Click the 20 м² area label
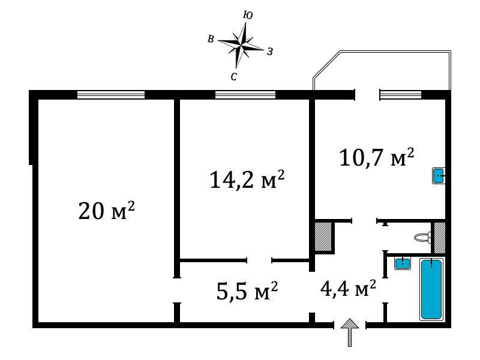107,211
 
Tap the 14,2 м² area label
247,179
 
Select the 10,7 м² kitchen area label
377,157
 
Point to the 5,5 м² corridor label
247,290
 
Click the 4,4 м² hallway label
348,288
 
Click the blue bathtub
431,289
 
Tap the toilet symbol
422,237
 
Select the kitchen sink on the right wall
439,176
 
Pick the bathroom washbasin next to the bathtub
402,263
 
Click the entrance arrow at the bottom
350,332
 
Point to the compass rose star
241,45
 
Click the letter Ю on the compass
248,15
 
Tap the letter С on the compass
233,77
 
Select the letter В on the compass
211,39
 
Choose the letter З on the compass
269,52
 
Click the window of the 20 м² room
111,95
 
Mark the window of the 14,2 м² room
245,95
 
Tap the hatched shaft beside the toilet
440,238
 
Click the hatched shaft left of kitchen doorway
323,236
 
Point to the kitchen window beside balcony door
401,95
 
